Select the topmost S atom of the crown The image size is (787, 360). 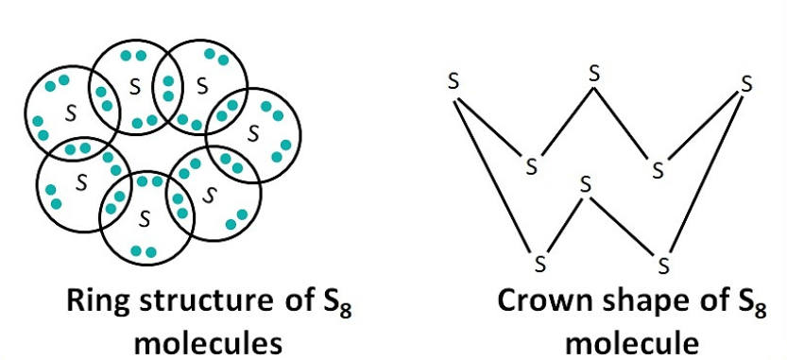(x=593, y=70)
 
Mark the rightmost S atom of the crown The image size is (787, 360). (x=747, y=83)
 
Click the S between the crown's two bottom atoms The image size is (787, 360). (x=585, y=183)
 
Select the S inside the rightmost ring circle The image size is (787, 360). (x=252, y=134)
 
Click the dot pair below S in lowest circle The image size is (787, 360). (x=143, y=250)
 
